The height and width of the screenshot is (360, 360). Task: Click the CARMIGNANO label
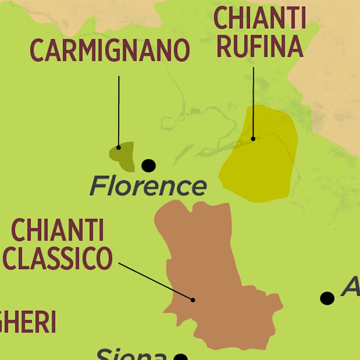[x=109, y=51]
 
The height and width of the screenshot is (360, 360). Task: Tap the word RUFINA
[x=260, y=46]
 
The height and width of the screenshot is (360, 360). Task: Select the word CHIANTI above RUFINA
[x=260, y=18]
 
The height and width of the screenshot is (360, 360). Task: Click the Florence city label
[x=148, y=186]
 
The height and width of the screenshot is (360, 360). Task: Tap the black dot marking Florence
[x=148, y=165]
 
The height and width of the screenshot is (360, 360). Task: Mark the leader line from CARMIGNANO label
[x=118, y=112]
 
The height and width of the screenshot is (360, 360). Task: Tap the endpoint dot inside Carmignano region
[x=118, y=148]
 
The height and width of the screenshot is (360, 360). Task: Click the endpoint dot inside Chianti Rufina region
[x=253, y=139]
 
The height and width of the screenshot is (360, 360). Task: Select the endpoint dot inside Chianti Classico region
[x=193, y=300]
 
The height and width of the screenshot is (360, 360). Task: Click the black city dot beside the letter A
[x=327, y=298]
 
